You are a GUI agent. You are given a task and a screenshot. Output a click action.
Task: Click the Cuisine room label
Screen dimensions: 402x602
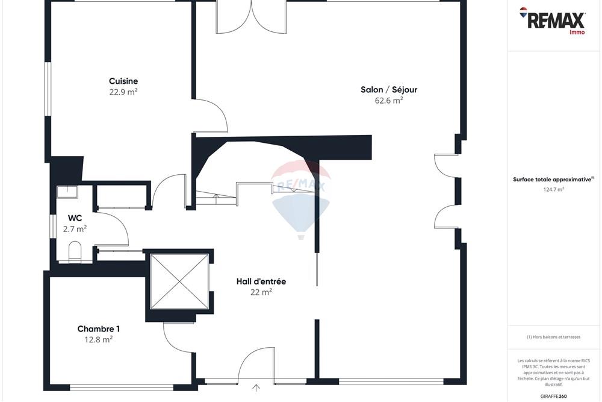pyautogui.click(x=123, y=81)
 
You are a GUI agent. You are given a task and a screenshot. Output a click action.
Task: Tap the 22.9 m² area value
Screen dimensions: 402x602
pyautogui.click(x=123, y=92)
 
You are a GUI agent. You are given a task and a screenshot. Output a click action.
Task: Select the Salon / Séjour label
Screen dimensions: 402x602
pyautogui.click(x=389, y=90)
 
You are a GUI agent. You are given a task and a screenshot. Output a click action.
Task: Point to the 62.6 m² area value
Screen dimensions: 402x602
pyautogui.click(x=389, y=101)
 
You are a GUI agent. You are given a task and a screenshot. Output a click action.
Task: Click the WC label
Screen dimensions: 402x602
pyautogui.click(x=75, y=218)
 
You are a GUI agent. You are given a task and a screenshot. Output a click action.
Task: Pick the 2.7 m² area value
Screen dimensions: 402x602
pyautogui.click(x=75, y=229)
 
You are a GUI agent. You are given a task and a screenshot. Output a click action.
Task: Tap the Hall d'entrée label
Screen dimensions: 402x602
pyautogui.click(x=261, y=281)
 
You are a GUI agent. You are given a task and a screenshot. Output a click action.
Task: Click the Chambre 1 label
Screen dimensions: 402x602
pyautogui.click(x=99, y=329)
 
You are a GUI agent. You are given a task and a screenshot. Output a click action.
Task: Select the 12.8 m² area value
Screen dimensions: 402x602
pyautogui.click(x=99, y=339)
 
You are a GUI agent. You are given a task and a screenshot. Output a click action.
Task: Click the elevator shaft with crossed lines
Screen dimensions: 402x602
pyautogui.click(x=179, y=281)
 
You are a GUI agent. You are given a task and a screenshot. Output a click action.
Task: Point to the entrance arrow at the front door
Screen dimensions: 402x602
pyautogui.click(x=256, y=388)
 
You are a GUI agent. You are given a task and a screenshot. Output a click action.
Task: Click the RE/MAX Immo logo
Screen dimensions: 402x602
pyautogui.click(x=553, y=20)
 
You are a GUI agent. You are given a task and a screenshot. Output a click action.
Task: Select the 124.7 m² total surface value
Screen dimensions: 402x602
pyautogui.click(x=553, y=189)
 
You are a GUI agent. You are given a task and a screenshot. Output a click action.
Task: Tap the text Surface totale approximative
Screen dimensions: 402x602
pyautogui.click(x=552, y=179)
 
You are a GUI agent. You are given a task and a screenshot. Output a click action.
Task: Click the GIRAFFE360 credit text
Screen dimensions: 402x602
pyautogui.click(x=554, y=396)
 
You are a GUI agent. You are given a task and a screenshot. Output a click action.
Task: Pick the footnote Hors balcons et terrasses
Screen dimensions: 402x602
pyautogui.click(x=553, y=337)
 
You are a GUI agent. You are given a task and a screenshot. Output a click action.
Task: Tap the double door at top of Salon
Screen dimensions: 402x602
pyautogui.click(x=252, y=17)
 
